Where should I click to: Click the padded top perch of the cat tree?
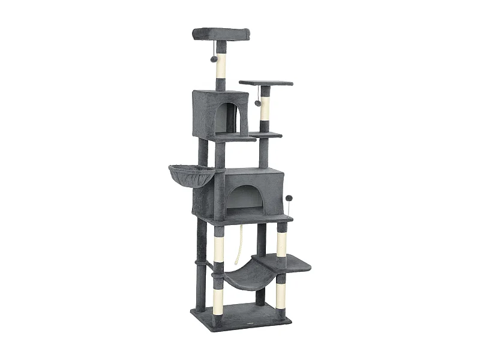click(221, 34)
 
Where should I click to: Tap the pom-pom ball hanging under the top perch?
click(214, 59)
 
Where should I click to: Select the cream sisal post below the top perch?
click(221, 66)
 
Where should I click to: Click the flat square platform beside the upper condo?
click(266, 83)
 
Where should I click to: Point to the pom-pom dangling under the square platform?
click(258, 103)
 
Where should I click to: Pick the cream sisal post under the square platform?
click(265, 108)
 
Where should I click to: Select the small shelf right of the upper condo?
click(266, 135)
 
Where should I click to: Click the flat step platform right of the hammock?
click(288, 262)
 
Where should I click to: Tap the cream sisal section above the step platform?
click(281, 243)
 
